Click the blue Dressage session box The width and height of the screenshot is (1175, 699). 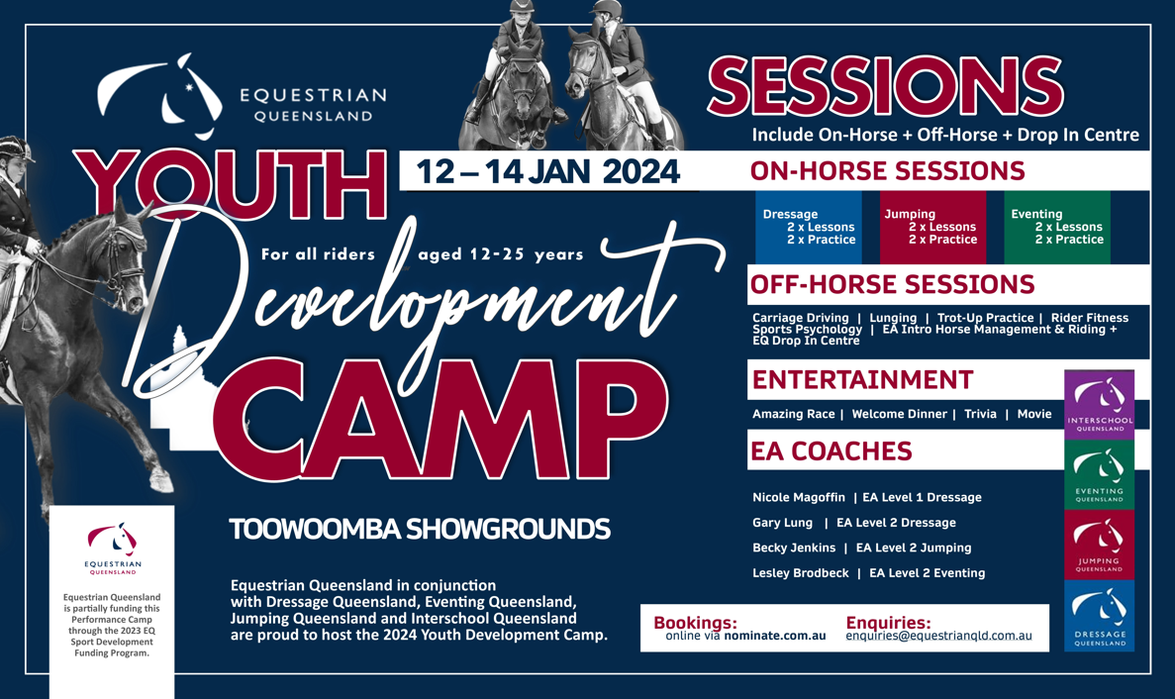[808, 227]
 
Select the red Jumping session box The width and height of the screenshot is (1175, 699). [932, 227]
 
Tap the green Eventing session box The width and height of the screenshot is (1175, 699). [1056, 227]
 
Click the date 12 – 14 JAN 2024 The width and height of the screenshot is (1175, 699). [547, 171]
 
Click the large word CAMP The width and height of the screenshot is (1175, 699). [441, 420]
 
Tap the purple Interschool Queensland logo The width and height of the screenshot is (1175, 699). [1100, 405]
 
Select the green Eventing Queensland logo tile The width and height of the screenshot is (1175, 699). [1100, 474]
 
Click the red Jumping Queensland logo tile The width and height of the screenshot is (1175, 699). [1100, 545]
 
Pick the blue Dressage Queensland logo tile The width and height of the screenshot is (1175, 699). [1100, 616]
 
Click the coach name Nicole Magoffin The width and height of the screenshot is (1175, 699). [799, 497]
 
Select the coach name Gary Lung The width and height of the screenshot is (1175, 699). [782, 523]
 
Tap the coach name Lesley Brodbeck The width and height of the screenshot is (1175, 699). [800, 573]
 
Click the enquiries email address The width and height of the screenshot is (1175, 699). [939, 636]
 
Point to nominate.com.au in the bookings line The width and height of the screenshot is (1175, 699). [775, 636]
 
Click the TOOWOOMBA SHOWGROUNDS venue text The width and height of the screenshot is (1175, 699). [420, 530]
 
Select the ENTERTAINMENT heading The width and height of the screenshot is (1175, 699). [862, 380]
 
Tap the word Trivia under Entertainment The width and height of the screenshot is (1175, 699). [980, 414]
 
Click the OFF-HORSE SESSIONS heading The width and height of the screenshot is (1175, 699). [892, 285]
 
